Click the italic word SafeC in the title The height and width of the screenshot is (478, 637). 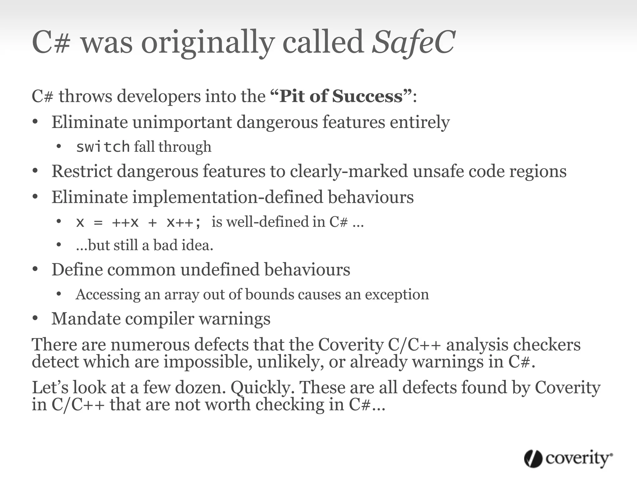[414, 42]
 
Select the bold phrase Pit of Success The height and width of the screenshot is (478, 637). [341, 96]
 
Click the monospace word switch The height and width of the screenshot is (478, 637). [103, 147]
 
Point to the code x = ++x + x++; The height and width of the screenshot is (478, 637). [139, 222]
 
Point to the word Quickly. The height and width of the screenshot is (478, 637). [264, 387]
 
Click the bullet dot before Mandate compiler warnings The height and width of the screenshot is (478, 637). [35, 319]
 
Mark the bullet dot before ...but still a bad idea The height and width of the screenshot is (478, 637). [59, 245]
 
